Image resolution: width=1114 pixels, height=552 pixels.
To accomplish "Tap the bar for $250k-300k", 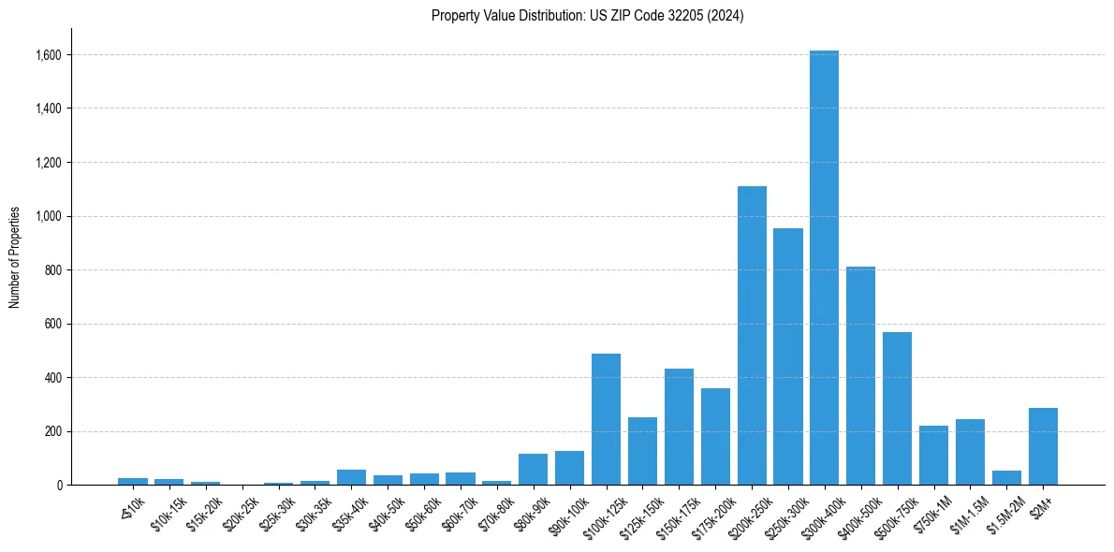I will (x=788, y=356).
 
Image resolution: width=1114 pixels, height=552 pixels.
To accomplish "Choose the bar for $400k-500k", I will (x=860, y=375).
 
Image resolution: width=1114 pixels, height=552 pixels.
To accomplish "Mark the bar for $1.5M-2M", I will (x=1006, y=477).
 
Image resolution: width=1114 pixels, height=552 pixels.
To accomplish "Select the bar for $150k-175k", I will (x=679, y=427).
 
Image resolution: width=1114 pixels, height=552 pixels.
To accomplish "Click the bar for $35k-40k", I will (x=351, y=477).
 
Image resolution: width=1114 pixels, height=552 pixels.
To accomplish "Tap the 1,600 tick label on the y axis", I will (x=49, y=55).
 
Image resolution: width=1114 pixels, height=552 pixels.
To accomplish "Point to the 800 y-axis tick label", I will (x=53, y=270).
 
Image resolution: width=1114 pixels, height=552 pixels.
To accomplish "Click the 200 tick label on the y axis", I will (x=53, y=432).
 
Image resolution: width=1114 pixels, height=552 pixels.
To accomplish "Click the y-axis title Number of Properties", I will (x=14, y=257).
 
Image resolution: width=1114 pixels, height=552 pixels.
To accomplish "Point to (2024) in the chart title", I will (x=726, y=16).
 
